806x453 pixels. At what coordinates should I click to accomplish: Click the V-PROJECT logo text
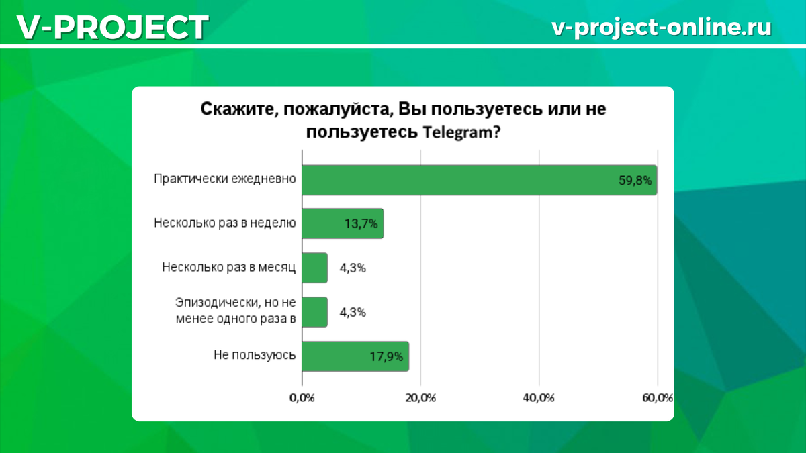(x=111, y=28)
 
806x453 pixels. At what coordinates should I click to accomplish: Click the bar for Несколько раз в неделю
(x=343, y=223)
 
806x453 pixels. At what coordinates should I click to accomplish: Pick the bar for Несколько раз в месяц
(x=315, y=268)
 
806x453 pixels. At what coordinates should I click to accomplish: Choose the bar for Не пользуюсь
(x=355, y=356)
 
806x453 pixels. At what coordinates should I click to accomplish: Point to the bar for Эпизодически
(x=315, y=312)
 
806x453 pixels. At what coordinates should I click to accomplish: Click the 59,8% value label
(x=635, y=180)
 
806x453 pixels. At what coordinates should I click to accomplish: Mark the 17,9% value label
(x=386, y=356)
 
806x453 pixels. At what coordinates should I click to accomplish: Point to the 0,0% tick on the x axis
(x=302, y=398)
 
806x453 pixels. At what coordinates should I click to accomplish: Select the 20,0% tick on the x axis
(x=421, y=398)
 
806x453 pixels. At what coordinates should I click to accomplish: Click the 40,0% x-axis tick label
(x=539, y=398)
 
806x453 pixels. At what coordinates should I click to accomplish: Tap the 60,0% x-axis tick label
(x=658, y=398)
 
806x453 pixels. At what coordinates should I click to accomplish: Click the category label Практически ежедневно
(x=225, y=179)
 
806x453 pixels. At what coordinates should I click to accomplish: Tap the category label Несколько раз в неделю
(x=225, y=223)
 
